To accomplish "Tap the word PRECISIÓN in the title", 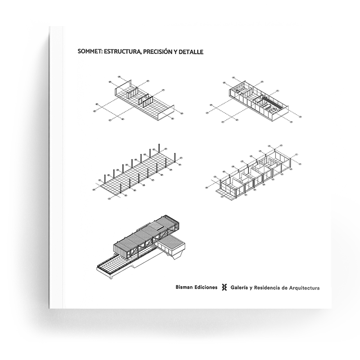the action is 157,52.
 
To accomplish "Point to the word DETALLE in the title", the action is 191,52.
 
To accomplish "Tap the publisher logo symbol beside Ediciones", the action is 224,288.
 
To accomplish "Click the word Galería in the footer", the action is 239,288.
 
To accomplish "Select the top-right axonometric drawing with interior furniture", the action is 255,99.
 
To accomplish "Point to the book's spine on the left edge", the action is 57,167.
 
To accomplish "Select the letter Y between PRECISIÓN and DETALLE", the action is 175,52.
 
